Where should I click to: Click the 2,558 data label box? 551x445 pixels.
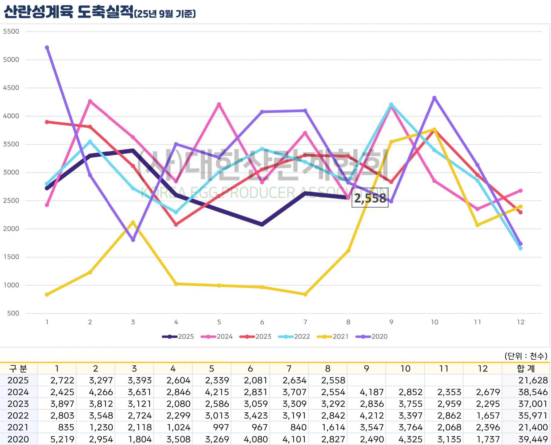[370, 198]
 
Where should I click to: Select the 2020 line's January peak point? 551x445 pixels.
[47, 48]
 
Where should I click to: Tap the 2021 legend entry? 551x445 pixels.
[333, 337]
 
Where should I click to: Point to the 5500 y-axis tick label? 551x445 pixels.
[11, 31]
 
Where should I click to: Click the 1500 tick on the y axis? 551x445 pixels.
[11, 257]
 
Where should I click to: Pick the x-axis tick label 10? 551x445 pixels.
[434, 322]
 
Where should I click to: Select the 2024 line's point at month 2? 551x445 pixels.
[90, 101]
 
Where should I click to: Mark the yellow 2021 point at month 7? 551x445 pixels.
[305, 294]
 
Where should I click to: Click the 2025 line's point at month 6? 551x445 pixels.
[262, 224]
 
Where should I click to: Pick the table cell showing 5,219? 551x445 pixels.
[62, 439]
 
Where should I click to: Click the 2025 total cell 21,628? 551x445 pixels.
[533, 380]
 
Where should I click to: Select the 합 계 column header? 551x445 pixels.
[526, 368]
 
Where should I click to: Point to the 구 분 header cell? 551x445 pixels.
[18, 368]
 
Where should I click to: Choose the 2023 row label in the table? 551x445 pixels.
[18, 404]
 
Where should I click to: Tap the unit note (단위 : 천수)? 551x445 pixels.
[526, 356]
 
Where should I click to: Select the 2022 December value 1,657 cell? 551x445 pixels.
[488, 416]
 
